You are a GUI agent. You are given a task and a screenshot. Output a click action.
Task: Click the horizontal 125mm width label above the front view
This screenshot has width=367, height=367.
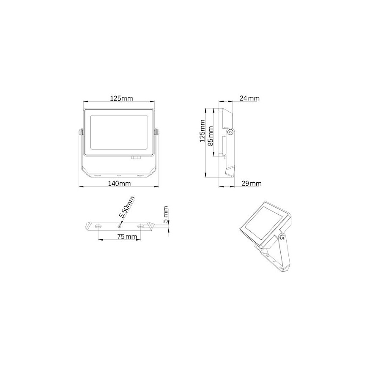[x=122, y=99]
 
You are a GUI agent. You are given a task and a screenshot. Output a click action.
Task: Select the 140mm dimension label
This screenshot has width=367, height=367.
[x=119, y=183]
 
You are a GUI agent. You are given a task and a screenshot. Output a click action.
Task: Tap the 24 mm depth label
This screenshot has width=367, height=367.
[x=249, y=99]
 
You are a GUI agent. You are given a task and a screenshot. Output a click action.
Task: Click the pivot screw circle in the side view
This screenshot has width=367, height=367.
[x=230, y=132]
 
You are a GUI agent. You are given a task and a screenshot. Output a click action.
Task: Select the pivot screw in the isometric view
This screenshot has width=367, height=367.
[x=282, y=237]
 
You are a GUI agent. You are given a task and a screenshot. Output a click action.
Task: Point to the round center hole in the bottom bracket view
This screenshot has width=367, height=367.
[x=119, y=226]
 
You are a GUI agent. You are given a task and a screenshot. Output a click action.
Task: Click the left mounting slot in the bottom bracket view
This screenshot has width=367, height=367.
[x=98, y=226]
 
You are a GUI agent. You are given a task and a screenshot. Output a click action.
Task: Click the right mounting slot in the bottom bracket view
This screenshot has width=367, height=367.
[x=140, y=226]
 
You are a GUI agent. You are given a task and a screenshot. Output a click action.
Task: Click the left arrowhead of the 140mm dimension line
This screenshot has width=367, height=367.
[x=81, y=186]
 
